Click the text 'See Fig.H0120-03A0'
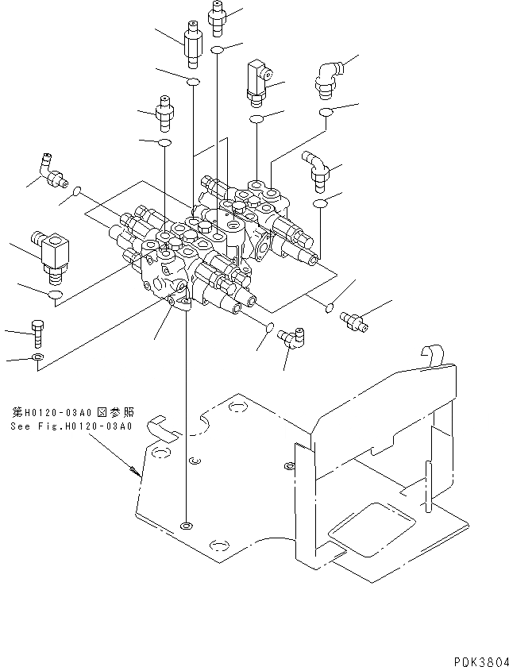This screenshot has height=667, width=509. (x=71, y=426)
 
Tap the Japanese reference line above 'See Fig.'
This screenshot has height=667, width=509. (x=72, y=413)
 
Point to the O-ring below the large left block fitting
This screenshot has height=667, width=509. (x=55, y=296)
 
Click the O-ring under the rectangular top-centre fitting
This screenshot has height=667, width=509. (x=256, y=119)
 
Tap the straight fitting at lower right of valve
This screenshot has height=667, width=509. (x=353, y=319)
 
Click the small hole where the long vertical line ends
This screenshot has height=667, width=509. (x=185, y=526)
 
